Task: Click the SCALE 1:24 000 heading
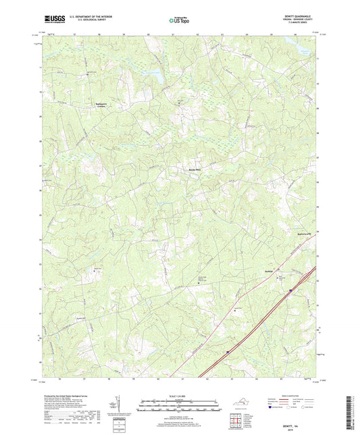pos(180,396)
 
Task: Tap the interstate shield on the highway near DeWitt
pos(290,289)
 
